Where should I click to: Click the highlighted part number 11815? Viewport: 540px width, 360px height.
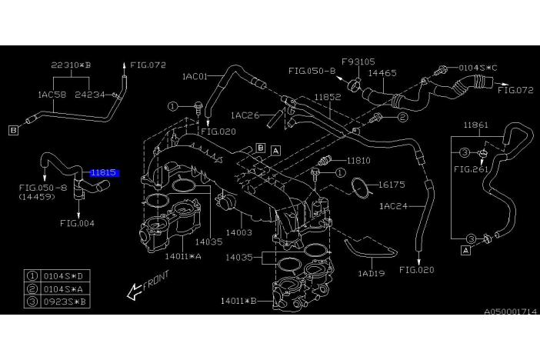point(103,174)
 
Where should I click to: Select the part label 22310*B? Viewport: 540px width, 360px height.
point(71,65)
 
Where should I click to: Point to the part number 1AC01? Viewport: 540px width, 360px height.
point(196,76)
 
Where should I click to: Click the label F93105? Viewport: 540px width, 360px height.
point(358,60)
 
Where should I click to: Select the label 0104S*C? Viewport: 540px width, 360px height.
point(478,67)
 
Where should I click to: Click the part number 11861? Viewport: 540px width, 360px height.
point(476,124)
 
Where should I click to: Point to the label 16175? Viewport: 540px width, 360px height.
point(392,185)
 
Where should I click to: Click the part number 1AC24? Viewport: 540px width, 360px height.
point(395,206)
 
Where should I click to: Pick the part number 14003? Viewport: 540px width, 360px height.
point(238,231)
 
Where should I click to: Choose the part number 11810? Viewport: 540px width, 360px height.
point(358,162)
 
